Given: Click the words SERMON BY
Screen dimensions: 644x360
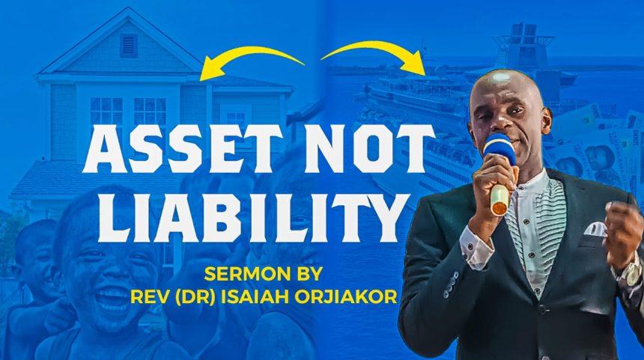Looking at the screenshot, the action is pyautogui.click(x=264, y=274).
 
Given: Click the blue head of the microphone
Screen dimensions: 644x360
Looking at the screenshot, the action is pyautogui.click(x=499, y=150).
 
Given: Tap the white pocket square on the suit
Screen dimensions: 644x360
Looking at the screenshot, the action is pyautogui.click(x=595, y=229).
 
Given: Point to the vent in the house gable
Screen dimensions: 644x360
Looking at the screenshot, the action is pyautogui.click(x=129, y=46).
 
